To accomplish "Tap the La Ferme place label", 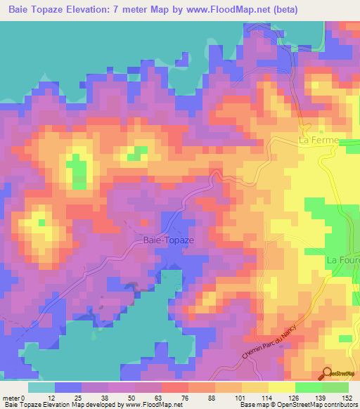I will click(319, 141).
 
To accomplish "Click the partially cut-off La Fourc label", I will click(343, 260).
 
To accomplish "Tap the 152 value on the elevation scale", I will click(346, 397).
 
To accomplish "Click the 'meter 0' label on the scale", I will click(15, 397).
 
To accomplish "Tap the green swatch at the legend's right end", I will click(335, 387).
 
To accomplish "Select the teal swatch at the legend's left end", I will click(41, 387).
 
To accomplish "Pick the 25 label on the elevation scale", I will click(77, 397).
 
